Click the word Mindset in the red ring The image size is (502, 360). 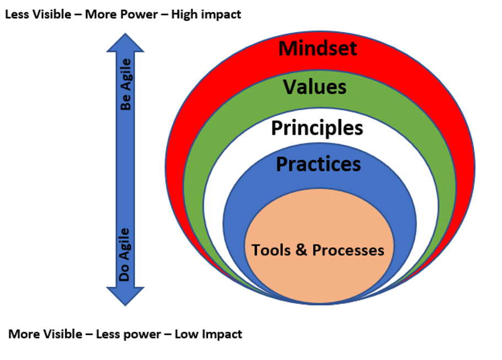pyautogui.click(x=318, y=49)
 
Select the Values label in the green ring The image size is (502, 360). pyautogui.click(x=314, y=87)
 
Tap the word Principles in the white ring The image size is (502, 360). pyautogui.click(x=317, y=129)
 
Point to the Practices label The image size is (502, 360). pyautogui.click(x=318, y=164)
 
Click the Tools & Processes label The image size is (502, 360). pyautogui.click(x=318, y=250)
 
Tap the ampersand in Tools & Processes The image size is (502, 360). pyautogui.click(x=301, y=250)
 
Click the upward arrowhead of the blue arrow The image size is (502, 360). pyautogui.click(x=125, y=43)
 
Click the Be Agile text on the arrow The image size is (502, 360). pyautogui.click(x=126, y=84)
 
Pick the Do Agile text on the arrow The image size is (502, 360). pyautogui.click(x=124, y=255)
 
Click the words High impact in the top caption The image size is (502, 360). pyautogui.click(x=206, y=15)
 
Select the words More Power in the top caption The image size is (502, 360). pyautogui.click(x=121, y=14)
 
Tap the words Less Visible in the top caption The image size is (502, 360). pyautogui.click(x=38, y=14)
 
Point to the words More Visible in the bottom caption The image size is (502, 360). pyautogui.click(x=45, y=334)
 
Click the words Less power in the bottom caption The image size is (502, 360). pyautogui.click(x=129, y=335)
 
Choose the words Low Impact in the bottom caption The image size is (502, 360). pyautogui.click(x=209, y=335)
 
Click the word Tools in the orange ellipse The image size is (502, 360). pyautogui.click(x=271, y=250)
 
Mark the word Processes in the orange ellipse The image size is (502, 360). pyautogui.click(x=348, y=250)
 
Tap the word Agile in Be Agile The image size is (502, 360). pyautogui.click(x=126, y=75)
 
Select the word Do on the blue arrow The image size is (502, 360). pyautogui.click(x=124, y=273)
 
